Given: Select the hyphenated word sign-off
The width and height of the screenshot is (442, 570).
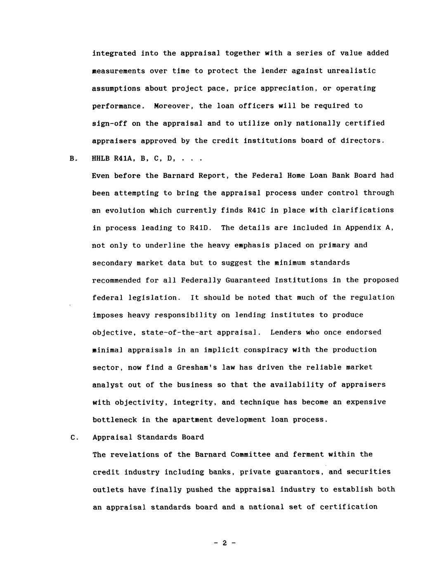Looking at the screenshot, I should pyautogui.click(x=109, y=123).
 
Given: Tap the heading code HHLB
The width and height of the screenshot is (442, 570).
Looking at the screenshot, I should pyautogui.click(x=101, y=158).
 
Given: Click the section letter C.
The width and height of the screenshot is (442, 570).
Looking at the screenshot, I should pyautogui.click(x=73, y=437).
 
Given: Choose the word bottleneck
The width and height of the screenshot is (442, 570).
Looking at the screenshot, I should pyautogui.click(x=114, y=420).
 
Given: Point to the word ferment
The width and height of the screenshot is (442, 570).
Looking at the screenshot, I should pyautogui.click(x=308, y=454).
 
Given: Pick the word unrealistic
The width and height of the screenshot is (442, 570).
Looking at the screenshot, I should pyautogui.click(x=352, y=71).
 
